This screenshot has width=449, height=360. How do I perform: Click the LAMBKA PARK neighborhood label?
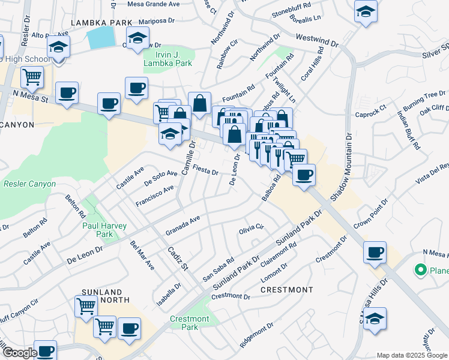(101, 22)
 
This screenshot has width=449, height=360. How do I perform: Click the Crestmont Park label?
(189, 323)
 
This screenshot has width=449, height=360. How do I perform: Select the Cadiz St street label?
(178, 260)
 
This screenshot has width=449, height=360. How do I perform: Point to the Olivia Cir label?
(252, 228)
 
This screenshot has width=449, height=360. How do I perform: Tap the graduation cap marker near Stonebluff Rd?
(365, 12)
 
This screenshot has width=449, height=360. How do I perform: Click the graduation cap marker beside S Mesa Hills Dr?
(375, 318)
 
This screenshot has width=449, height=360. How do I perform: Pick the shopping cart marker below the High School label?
(32, 76)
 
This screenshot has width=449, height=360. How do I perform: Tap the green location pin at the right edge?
(421, 270)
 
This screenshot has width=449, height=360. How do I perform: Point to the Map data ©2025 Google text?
(411, 355)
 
